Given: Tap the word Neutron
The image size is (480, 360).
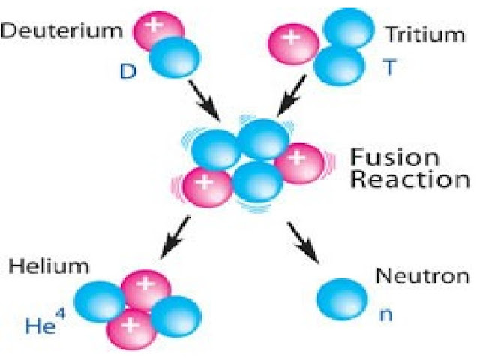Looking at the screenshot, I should (416, 276).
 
